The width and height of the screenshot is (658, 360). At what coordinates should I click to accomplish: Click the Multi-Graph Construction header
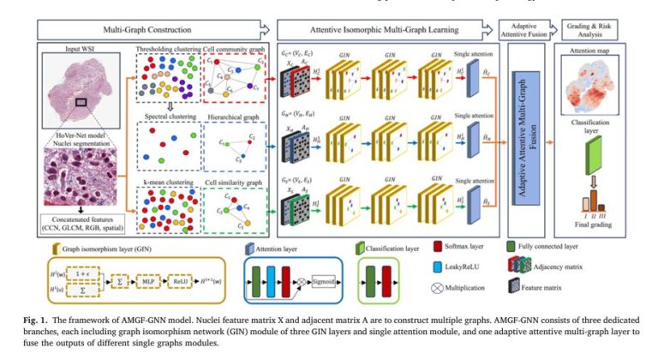[146, 30]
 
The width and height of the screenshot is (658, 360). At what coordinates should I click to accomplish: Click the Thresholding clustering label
[167, 50]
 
